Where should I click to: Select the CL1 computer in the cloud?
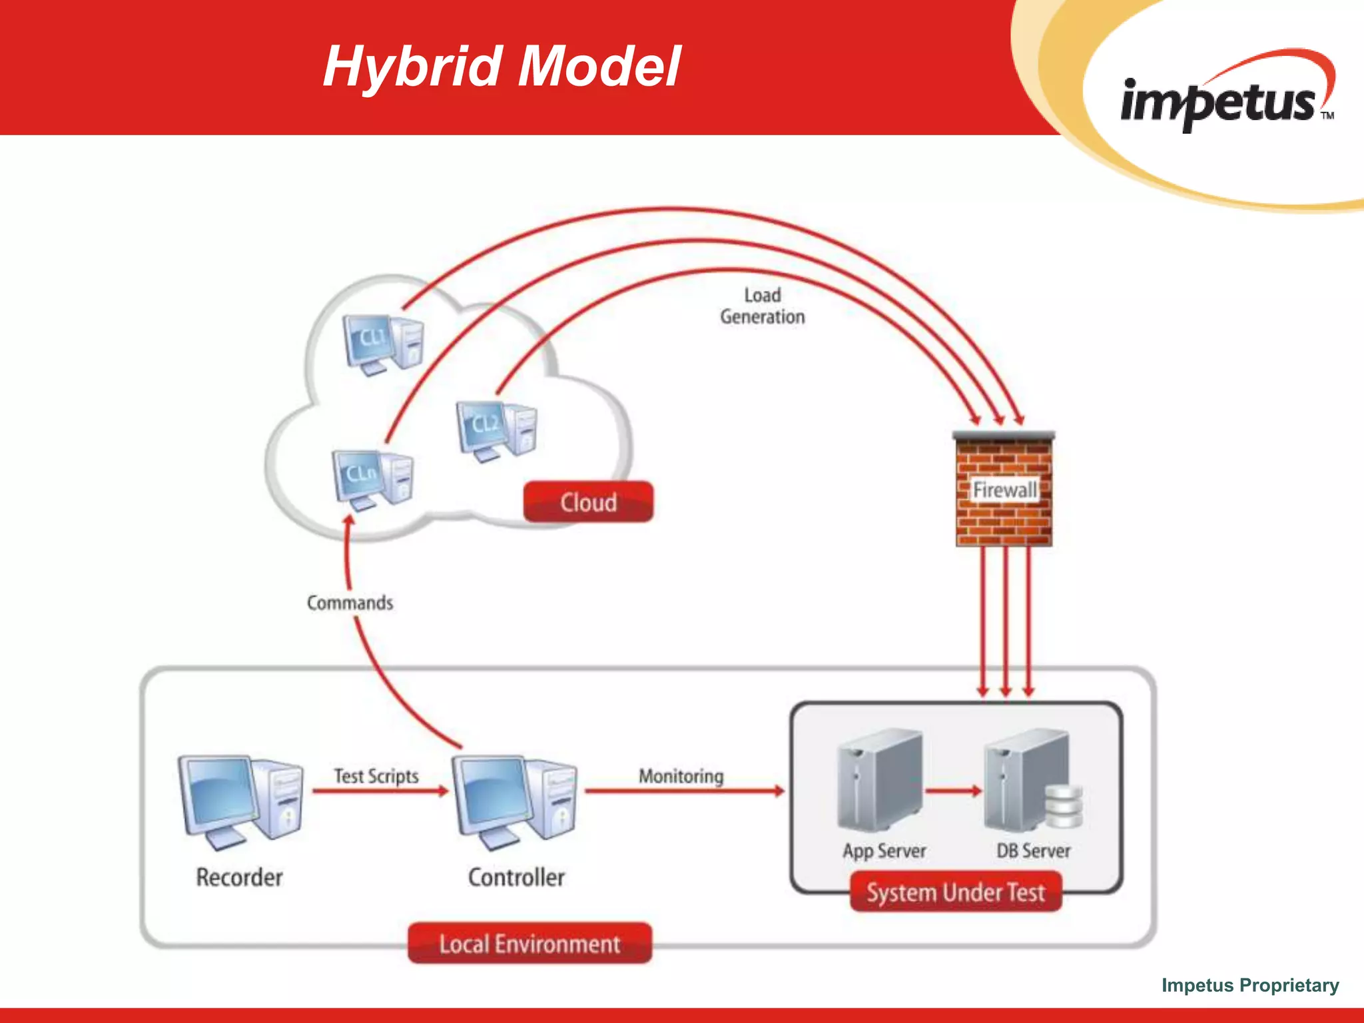(x=384, y=344)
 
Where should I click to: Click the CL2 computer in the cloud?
(x=497, y=430)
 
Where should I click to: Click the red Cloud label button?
(x=588, y=502)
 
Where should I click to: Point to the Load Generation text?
(x=763, y=306)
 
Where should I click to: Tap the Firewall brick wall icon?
(x=1004, y=490)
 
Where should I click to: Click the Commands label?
(x=350, y=603)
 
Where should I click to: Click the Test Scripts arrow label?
(x=376, y=776)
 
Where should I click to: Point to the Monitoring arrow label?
(x=681, y=776)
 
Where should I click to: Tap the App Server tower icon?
(x=880, y=779)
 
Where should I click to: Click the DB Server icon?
(x=1029, y=779)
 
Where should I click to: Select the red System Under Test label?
(x=956, y=892)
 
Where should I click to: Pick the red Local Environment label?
(x=529, y=944)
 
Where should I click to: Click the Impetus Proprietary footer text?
(x=1250, y=985)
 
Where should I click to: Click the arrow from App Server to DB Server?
(x=953, y=791)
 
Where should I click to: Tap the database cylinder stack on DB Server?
(x=1063, y=806)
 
